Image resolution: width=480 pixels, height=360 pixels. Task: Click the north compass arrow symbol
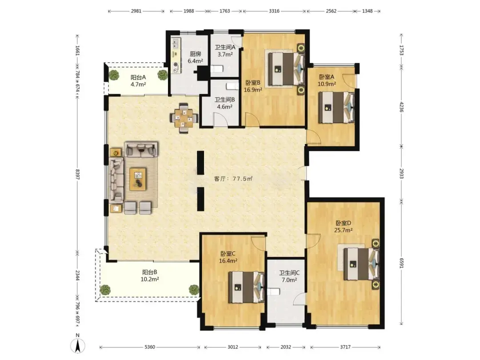(x=78, y=346)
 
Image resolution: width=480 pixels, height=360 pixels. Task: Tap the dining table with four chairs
(x=184, y=118)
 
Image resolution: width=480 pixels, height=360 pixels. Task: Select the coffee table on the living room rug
(x=138, y=179)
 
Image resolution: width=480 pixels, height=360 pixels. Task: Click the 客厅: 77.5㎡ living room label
(x=233, y=179)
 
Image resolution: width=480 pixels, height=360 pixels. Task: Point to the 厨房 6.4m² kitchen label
(x=195, y=57)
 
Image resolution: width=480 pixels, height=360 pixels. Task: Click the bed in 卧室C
(x=247, y=287)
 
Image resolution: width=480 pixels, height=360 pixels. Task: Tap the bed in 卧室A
(x=336, y=108)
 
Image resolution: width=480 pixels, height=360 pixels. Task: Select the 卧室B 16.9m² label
(x=253, y=86)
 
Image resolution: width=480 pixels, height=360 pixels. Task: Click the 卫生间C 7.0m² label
(x=289, y=276)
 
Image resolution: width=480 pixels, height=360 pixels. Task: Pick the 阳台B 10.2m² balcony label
(x=150, y=276)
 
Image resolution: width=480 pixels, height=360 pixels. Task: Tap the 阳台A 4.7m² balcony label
(x=138, y=81)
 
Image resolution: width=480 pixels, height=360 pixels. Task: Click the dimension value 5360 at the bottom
(x=150, y=347)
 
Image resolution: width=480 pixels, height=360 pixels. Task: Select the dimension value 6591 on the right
(x=402, y=263)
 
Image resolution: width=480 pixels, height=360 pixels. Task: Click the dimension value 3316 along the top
(x=274, y=11)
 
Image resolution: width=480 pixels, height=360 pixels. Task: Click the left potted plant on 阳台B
(x=105, y=290)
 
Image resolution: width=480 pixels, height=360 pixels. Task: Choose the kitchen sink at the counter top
(x=176, y=43)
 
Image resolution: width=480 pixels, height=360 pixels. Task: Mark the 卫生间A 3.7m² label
(x=225, y=51)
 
